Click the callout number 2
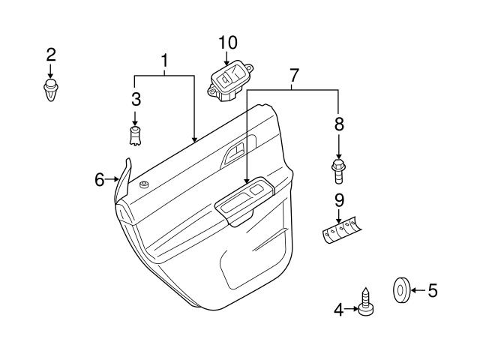tap(51, 54)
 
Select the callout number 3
tap(136, 98)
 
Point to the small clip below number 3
tap(136, 136)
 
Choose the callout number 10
tap(227, 42)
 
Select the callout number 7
tap(294, 74)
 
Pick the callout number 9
tap(338, 200)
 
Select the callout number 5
tap(431, 289)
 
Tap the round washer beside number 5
tap(400, 289)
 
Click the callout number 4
tap(339, 307)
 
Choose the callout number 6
tap(99, 179)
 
